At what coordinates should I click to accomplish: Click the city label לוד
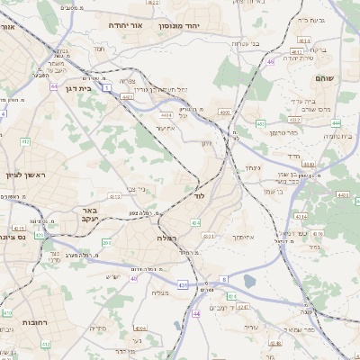199,195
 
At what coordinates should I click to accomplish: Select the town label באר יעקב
89,213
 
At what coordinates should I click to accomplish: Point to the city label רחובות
35,321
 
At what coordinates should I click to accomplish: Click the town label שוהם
325,79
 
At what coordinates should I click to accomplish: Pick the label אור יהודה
130,26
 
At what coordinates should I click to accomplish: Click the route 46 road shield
271,62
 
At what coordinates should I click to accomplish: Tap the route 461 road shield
260,123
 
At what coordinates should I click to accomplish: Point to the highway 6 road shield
225,280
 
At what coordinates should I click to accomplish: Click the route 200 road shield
106,243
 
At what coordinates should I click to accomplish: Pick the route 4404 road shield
166,115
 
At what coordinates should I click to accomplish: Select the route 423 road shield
183,285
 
